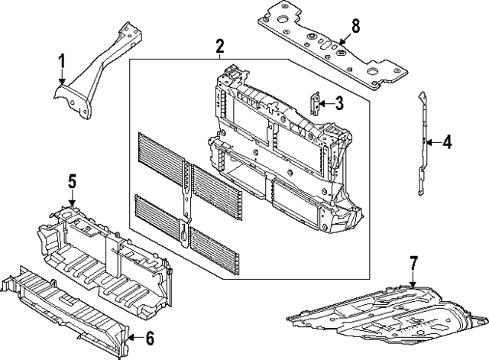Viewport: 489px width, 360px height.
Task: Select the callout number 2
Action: tap(219, 47)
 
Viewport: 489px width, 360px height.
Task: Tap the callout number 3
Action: tap(338, 103)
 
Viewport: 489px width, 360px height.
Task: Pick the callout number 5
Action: tap(72, 181)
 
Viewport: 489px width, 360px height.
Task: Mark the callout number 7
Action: tap(413, 264)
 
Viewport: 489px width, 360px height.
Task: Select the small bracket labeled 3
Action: tap(315, 103)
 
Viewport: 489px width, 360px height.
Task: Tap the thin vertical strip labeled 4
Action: tap(422, 145)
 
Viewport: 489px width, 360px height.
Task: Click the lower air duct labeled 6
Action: tap(69, 298)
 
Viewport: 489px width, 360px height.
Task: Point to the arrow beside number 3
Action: tap(326, 103)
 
